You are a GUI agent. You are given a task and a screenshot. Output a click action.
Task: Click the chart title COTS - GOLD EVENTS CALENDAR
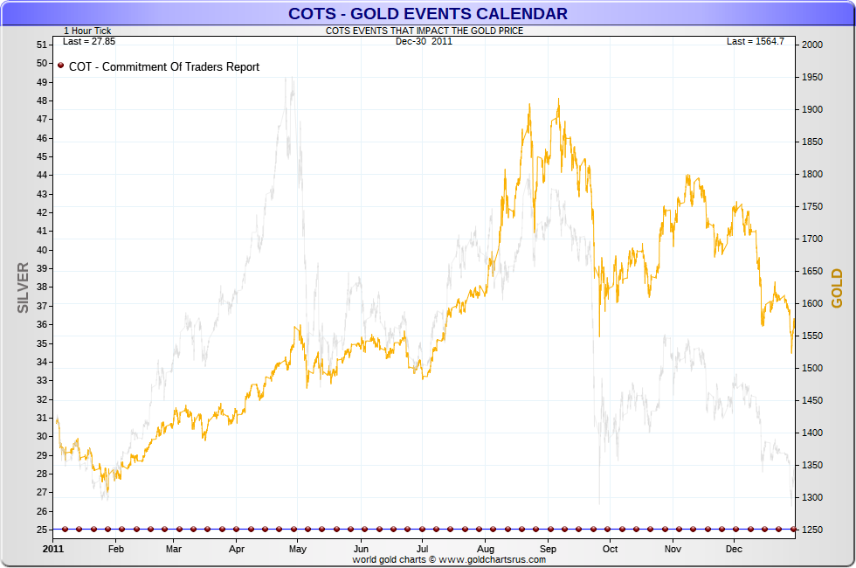428,13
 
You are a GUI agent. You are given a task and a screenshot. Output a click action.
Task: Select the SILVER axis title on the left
24,287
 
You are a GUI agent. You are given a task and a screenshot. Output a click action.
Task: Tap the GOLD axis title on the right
837,288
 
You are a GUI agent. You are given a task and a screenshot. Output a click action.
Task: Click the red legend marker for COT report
61,66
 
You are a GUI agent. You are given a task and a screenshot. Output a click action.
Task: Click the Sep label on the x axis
548,549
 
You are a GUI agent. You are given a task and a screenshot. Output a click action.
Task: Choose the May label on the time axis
298,549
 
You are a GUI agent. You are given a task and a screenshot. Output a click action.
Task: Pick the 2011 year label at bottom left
53,549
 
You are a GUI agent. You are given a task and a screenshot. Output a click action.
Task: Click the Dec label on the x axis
734,549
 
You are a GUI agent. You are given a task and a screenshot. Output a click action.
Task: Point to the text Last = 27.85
89,41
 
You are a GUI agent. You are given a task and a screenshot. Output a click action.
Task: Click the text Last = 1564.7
756,41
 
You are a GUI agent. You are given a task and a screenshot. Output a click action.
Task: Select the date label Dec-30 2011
424,41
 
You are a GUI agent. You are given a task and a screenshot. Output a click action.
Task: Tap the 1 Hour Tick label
87,31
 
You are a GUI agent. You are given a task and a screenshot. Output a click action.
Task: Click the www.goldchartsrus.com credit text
449,559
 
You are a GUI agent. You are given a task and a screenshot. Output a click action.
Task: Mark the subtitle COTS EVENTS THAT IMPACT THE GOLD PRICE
425,31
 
